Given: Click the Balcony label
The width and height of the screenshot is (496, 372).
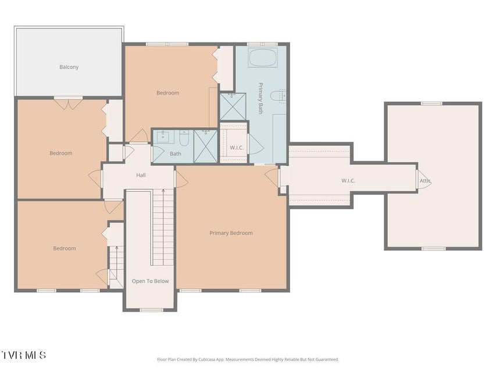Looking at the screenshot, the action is pos(69,67).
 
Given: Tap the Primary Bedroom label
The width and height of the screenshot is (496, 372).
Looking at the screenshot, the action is pos(231,233).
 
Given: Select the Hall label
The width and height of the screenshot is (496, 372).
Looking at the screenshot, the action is pos(141,175).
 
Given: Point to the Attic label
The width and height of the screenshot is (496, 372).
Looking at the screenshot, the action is pos(425,181).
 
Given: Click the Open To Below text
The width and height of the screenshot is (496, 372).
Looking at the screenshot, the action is pos(150,281).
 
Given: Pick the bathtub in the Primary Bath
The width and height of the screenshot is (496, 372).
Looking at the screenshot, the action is pos(263,58).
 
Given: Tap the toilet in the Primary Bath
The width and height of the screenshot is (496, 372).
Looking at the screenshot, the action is pos(278,96).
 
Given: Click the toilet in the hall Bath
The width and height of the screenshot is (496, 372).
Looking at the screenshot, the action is pos(184,138).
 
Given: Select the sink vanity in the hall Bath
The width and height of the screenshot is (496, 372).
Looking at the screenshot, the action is pos(163,137).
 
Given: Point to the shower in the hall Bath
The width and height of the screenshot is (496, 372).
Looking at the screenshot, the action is pos(206,146).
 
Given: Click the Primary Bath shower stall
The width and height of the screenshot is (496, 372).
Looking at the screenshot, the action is pos(233,106).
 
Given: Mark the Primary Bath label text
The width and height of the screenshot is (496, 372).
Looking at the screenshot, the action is pos(261,98).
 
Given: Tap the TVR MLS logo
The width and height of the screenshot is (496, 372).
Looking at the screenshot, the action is pos(23,355).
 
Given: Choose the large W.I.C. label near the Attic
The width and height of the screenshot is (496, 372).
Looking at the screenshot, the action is pos(348,181).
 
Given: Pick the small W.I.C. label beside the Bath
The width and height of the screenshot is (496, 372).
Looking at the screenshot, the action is pos(237,148).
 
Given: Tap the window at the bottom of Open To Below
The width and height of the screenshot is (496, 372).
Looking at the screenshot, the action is pos(151,310).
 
